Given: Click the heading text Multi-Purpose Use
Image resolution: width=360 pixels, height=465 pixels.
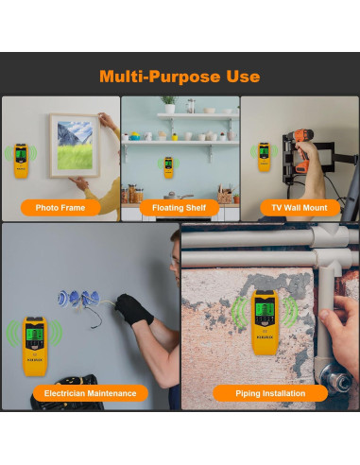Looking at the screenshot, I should [180, 77].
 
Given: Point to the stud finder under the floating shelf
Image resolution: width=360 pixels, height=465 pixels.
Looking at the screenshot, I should [168, 166].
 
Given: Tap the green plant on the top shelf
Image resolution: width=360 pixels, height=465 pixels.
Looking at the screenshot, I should [168, 102].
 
